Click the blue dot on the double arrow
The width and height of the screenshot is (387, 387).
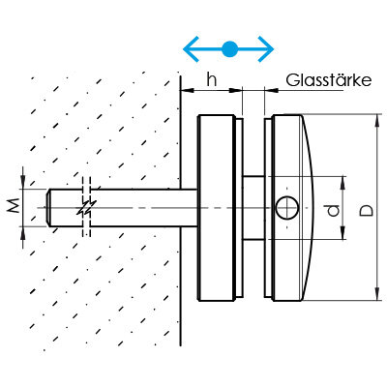click(229, 49)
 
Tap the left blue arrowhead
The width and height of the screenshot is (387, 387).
click(191, 49)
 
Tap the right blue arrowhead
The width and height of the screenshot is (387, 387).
click(266, 49)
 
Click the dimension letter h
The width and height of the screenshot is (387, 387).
click(212, 79)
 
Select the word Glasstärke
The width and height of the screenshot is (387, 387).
click(329, 80)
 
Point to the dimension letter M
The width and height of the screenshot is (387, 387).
click(14, 206)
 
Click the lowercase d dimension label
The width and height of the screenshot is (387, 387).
click(333, 210)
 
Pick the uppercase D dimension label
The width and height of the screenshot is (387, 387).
click(367, 210)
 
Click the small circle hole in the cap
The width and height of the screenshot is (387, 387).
click(287, 208)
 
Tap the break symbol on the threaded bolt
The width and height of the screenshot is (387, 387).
click(86, 207)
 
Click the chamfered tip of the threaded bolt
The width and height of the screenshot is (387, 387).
click(48, 207)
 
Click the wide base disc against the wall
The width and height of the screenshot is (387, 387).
click(215, 208)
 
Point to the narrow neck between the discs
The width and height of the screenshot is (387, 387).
click(253, 208)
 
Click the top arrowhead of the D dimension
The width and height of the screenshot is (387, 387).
click(377, 121)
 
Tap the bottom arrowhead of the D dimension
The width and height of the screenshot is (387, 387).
click(377, 294)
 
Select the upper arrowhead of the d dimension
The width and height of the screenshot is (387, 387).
click(342, 183)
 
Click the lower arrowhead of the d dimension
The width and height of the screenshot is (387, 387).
click(342, 233)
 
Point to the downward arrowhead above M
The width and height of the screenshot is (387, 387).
click(23, 182)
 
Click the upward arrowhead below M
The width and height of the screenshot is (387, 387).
click(23, 233)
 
